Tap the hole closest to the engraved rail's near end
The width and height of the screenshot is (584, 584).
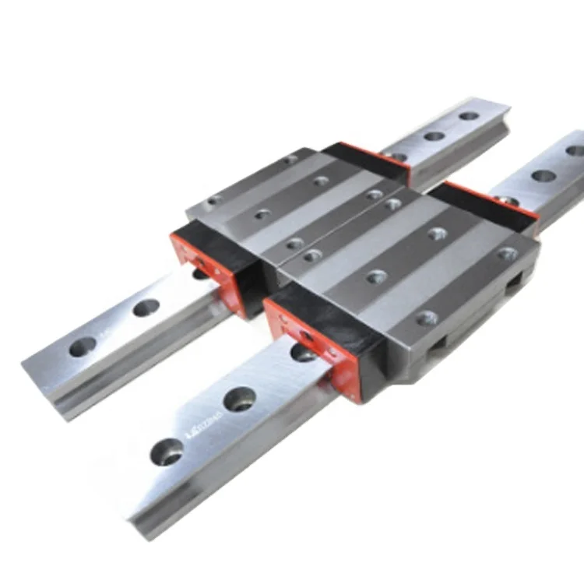pos(167,451)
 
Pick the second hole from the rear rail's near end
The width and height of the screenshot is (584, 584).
pos(146,308)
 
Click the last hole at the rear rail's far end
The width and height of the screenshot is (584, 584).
pos(469,116)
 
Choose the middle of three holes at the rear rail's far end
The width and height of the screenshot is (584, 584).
pos(434,136)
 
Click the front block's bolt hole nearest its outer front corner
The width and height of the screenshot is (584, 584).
pos(427,318)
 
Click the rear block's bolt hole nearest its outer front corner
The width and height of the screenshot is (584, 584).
pos(294,244)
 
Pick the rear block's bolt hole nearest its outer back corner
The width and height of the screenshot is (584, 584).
pos(375,194)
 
